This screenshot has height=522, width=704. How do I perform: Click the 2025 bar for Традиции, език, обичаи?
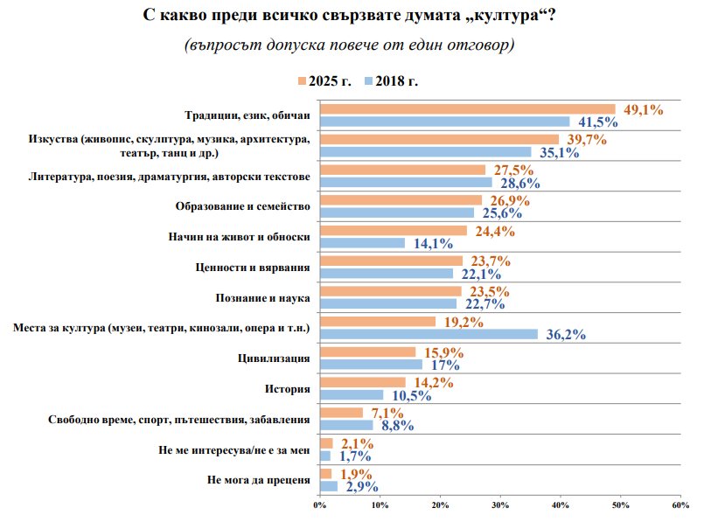click(468, 109)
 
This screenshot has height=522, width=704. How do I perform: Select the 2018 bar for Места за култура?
click(429, 333)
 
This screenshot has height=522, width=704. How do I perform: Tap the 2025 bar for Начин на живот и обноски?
click(394, 232)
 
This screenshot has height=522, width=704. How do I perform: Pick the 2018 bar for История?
click(352, 394)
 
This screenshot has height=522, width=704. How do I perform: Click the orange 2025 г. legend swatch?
click(302, 80)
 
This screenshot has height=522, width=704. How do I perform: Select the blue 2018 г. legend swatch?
click(369, 80)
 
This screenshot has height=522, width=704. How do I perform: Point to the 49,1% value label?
click(642, 109)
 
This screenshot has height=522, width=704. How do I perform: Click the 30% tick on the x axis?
click(500, 505)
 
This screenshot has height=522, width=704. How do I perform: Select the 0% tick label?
click(320, 505)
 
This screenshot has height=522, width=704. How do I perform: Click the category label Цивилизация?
click(275, 358)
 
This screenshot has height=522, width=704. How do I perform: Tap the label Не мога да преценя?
click(259, 480)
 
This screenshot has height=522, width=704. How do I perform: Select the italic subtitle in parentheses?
click(348, 45)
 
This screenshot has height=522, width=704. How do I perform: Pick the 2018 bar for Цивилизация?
click(372, 364)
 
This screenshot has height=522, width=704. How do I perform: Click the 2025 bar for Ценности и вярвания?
click(392, 261)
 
